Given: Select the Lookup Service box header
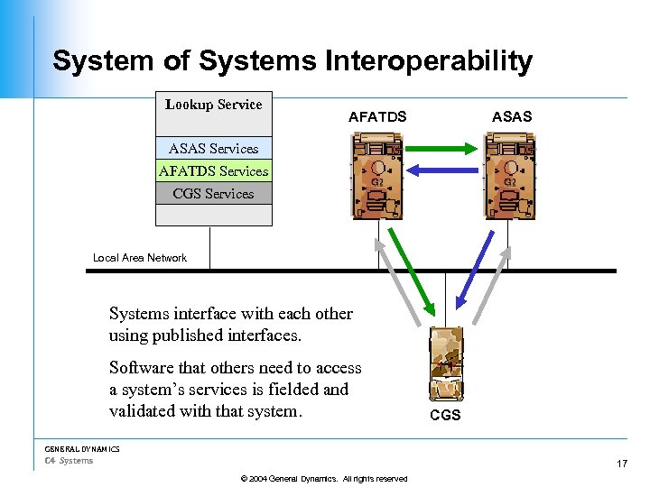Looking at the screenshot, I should pos(214,105).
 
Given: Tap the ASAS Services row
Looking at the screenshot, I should pos(214,149).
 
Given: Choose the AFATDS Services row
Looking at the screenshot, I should pos(214,171).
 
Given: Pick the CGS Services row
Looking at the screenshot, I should pos(214,194).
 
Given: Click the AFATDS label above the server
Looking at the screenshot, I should pos(377,116).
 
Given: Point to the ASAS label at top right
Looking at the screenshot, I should pos(511,116).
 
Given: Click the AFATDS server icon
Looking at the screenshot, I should pos(377,176).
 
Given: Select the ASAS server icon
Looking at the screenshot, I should pos(509,176).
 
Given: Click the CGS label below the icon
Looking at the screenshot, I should pos(445,416).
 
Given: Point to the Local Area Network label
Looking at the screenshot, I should pos(140,258).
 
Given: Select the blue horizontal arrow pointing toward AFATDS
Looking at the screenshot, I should pos(441,169).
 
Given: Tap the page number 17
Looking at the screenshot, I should pos(621,464).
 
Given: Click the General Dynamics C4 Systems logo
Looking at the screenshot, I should pos(81,455).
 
